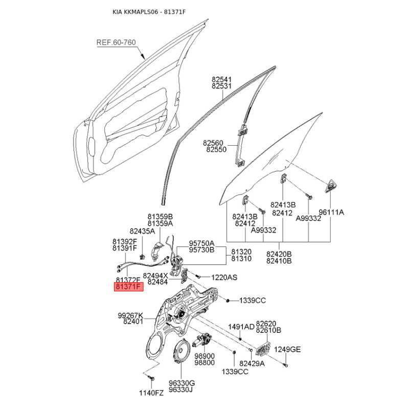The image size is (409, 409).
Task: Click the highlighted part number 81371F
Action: pyautogui.click(x=129, y=287)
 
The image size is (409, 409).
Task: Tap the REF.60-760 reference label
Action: pyautogui.click(x=116, y=42)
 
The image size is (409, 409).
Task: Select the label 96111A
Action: pyautogui.click(x=331, y=212)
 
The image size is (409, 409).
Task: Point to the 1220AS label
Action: pyautogui.click(x=224, y=277)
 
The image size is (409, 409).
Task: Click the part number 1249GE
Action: pyautogui.click(x=287, y=349)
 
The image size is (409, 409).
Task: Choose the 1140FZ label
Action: pyautogui.click(x=151, y=393)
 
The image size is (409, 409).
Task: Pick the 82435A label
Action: pyautogui.click(x=142, y=231)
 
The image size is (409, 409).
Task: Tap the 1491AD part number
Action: pyautogui.click(x=241, y=327)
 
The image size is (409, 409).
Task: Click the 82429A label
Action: pyautogui.click(x=252, y=363)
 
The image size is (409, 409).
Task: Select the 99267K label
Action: pyautogui.click(x=130, y=315)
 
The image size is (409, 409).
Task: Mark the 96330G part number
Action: pyautogui.click(x=182, y=383)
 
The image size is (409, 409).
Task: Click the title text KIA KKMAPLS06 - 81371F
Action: pyautogui.click(x=149, y=12)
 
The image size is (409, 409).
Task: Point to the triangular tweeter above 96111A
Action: pyautogui.click(x=330, y=186)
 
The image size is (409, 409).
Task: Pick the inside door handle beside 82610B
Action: pyautogui.click(x=263, y=348)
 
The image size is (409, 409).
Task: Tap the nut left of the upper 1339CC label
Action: pyautogui.click(x=228, y=301)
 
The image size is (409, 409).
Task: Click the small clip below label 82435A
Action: pyautogui.click(x=142, y=256)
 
